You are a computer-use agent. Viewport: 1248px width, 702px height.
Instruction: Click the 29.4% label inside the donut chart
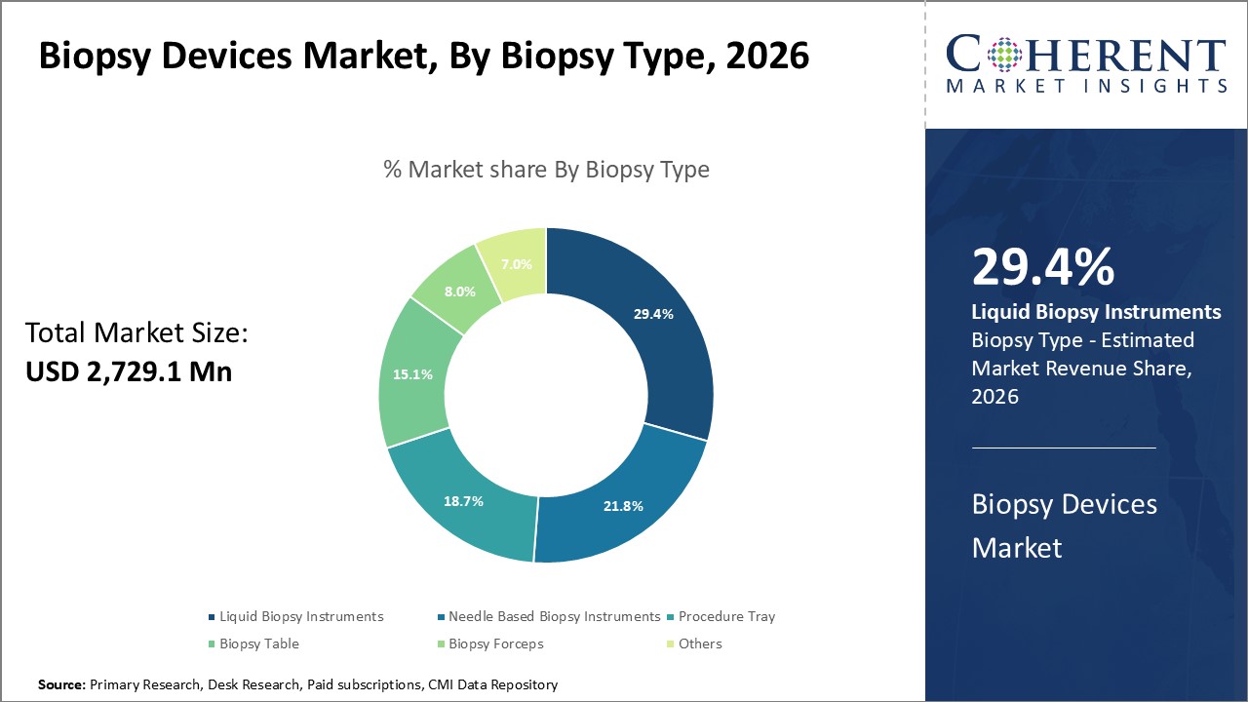(653, 314)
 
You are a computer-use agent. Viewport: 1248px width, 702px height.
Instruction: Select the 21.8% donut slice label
(623, 506)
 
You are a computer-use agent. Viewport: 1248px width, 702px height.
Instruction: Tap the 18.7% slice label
(463, 500)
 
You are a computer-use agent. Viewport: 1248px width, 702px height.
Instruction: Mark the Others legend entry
(700, 643)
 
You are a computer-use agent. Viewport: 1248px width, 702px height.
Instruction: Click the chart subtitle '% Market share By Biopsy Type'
(546, 169)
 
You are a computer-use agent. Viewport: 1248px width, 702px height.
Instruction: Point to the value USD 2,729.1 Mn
(129, 371)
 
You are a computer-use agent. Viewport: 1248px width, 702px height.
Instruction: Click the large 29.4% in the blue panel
(1043, 267)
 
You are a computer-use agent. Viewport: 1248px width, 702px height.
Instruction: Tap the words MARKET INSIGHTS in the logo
(1086, 86)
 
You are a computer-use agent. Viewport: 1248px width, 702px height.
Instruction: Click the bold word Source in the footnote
(61, 685)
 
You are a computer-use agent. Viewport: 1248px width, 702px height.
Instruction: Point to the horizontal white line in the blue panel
(1064, 448)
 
